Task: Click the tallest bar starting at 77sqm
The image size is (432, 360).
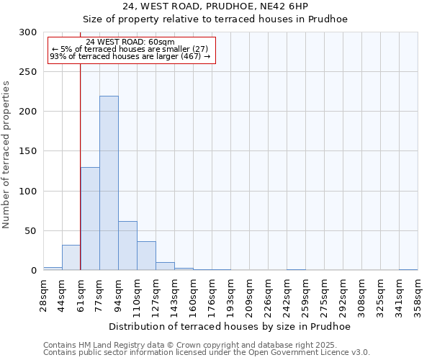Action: [x=109, y=184]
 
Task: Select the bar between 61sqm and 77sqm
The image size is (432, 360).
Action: [x=90, y=219]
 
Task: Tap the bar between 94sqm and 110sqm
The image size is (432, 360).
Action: [x=127, y=246]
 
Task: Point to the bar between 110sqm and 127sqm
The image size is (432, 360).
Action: [x=146, y=256]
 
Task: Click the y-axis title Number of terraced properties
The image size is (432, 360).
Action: [x=6, y=155]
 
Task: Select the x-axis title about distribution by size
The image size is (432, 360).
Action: [x=230, y=326]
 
